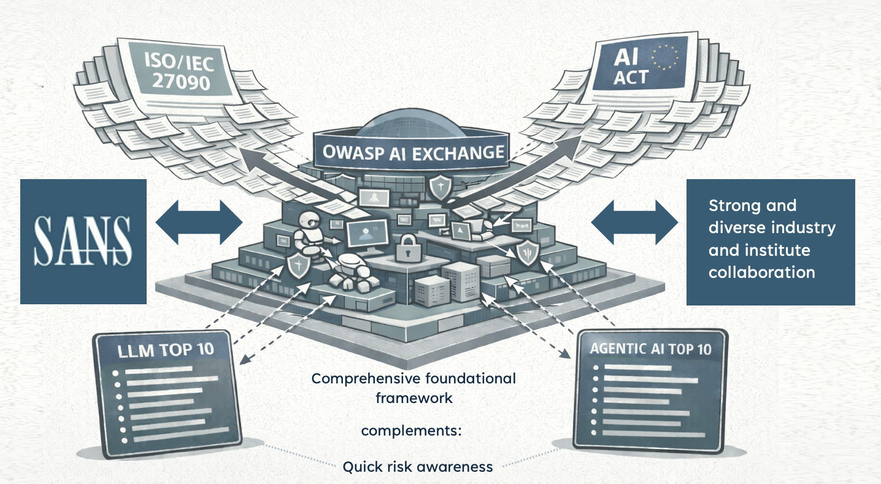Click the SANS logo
click(x=83, y=241)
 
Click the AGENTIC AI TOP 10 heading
click(x=650, y=349)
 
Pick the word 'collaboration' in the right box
click(x=761, y=272)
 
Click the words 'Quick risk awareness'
click(x=417, y=467)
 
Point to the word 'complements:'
click(x=411, y=431)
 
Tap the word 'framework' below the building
click(x=414, y=398)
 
